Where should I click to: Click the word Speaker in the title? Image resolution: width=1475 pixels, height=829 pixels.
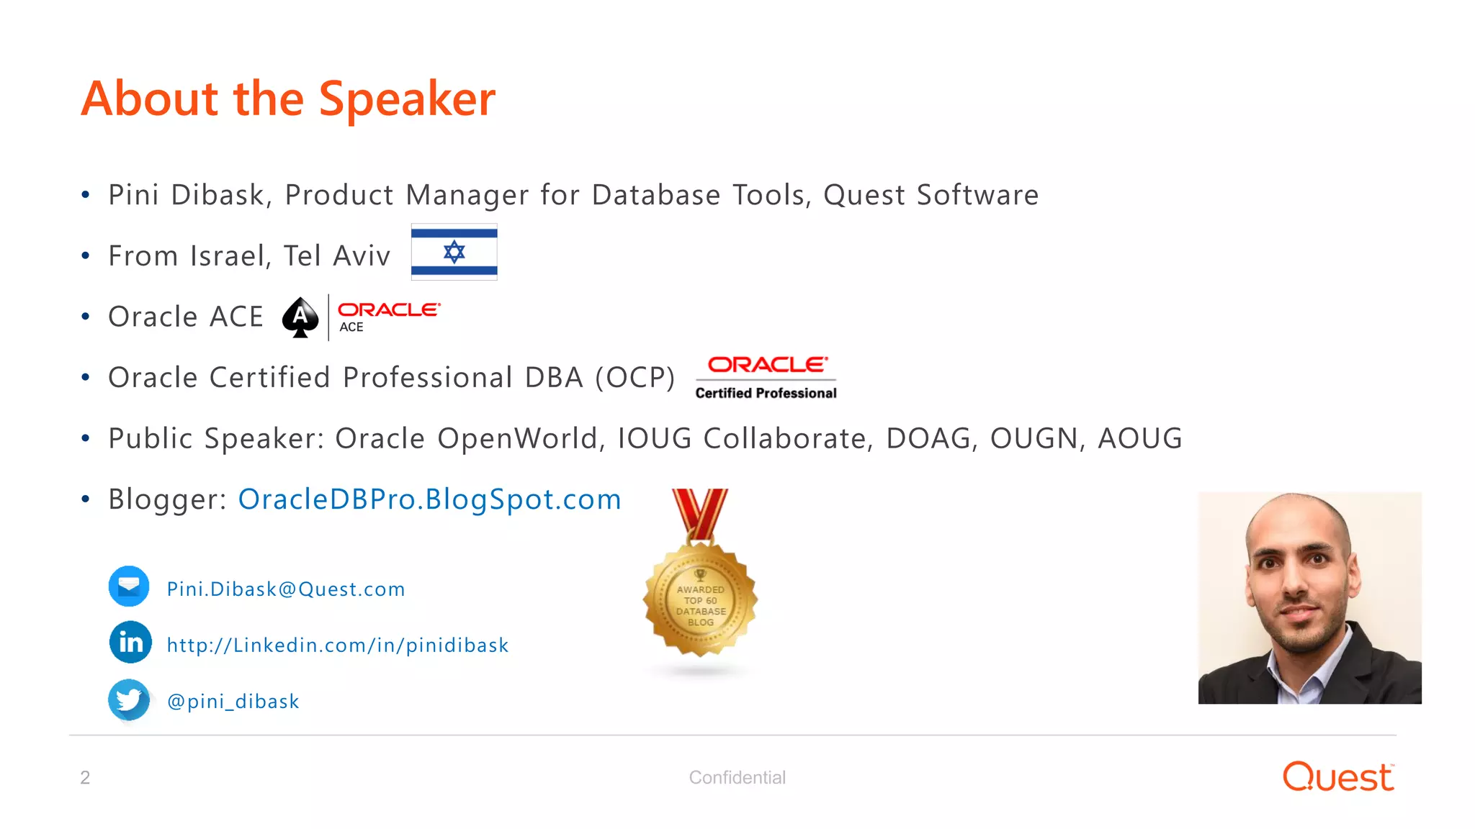tap(407, 99)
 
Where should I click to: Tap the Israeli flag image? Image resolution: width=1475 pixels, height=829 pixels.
tap(454, 252)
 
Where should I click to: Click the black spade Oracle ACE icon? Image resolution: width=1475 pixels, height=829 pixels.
tap(300, 317)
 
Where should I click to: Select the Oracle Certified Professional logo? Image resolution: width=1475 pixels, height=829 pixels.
tap(766, 378)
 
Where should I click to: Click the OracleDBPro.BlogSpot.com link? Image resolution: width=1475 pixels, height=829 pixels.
tap(429, 499)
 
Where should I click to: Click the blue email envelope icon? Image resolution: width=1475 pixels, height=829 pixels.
tap(129, 586)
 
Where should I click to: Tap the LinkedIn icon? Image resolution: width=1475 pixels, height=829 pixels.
tap(130, 642)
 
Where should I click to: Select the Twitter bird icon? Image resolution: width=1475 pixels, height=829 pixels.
tap(129, 699)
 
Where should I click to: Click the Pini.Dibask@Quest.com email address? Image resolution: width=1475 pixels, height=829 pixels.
tap(285, 589)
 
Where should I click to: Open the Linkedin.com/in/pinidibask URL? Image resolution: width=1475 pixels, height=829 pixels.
tap(337, 645)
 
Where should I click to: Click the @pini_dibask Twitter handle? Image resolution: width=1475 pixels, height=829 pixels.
tap(233, 702)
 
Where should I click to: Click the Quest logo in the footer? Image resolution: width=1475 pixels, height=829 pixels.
tap(1337, 777)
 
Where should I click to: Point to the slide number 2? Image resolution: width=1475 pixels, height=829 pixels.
tap(85, 778)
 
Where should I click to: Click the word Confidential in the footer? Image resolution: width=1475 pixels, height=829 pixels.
tap(737, 778)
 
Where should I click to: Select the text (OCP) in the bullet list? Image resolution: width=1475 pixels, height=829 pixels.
tap(635, 378)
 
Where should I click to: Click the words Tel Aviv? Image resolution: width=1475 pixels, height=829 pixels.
tap(336, 256)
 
